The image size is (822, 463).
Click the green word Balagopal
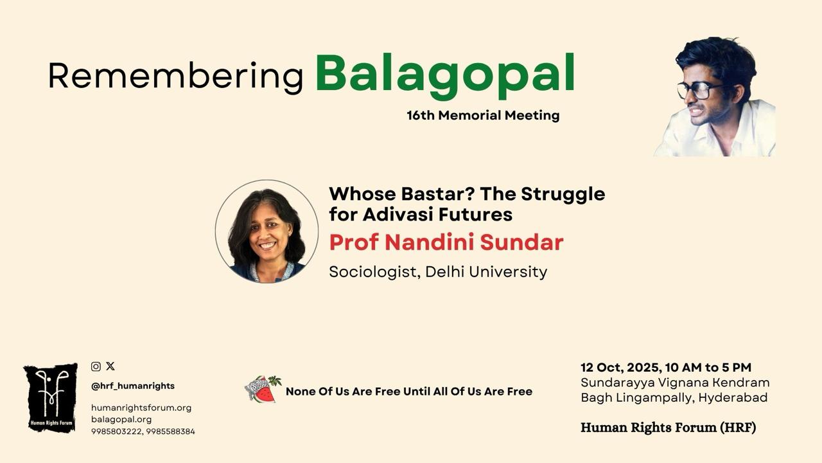(445, 75)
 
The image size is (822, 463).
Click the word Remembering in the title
(176, 77)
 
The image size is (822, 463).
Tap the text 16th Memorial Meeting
(483, 115)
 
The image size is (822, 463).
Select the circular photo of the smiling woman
(267, 231)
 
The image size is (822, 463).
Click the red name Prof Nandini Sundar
(446, 242)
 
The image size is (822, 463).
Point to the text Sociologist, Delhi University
(438, 272)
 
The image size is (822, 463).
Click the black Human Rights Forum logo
(51, 397)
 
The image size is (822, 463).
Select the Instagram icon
(96, 367)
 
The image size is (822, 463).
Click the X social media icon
(110, 366)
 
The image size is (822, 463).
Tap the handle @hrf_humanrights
(133, 386)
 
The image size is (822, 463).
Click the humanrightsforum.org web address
(141, 408)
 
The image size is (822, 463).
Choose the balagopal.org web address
(121, 419)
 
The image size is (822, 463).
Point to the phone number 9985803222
(116, 431)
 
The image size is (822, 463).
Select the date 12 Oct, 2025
(621, 367)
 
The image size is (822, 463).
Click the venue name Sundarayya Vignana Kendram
(675, 383)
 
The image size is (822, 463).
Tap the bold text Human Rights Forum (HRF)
(669, 428)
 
